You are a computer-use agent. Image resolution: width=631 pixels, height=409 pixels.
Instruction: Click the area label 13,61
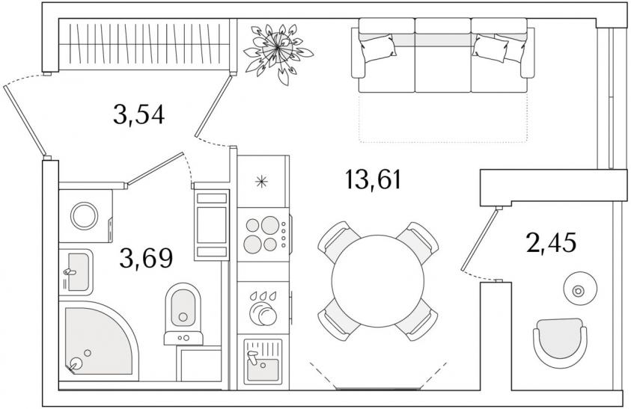tap(373, 179)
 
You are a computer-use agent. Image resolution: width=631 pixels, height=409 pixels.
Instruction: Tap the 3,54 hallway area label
tap(138, 114)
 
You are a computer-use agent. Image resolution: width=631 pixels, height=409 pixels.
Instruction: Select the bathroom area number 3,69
tap(146, 258)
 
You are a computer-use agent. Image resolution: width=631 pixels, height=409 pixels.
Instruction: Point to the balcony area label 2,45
tap(552, 242)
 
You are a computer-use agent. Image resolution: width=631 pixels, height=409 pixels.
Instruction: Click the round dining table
tap(378, 280)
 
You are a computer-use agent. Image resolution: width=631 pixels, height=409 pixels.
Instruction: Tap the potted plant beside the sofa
tap(278, 51)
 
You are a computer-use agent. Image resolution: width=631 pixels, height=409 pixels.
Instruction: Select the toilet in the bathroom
tap(183, 314)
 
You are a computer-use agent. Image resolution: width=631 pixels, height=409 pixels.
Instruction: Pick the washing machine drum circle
tap(84, 216)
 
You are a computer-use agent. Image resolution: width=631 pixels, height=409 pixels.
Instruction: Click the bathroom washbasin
tap(76, 272)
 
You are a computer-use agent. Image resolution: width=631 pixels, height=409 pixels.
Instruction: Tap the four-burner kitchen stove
tap(263, 235)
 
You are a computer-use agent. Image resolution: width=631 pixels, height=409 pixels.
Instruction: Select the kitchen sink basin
tap(263, 362)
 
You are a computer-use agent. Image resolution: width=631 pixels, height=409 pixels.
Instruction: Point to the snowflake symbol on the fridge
tap(261, 182)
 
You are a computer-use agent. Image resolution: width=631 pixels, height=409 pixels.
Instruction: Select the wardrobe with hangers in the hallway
tap(145, 44)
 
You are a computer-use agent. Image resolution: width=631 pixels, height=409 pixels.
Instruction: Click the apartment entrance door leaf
tap(25, 120)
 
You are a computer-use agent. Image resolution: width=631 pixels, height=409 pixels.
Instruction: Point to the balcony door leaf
tap(480, 239)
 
